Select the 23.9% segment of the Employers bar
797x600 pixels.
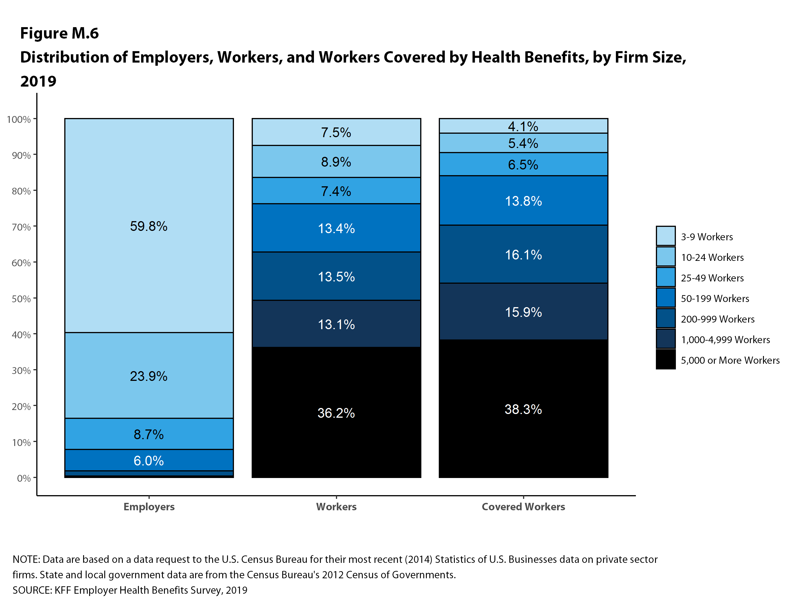click(x=149, y=375)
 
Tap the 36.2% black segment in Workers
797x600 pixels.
click(x=336, y=412)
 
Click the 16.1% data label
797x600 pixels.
click(x=523, y=255)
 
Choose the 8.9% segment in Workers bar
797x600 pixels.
click(x=336, y=161)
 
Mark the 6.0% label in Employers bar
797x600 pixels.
click(x=149, y=460)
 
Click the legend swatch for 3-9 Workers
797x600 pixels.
click(x=666, y=236)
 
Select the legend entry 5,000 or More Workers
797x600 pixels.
click(x=730, y=360)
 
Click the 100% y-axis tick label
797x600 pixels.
click(x=19, y=119)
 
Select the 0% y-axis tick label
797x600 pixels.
click(x=24, y=478)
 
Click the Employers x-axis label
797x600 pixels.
click(x=149, y=506)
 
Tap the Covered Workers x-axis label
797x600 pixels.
click(x=523, y=506)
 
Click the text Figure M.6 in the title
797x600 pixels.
click(x=59, y=33)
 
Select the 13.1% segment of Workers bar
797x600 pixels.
click(x=336, y=324)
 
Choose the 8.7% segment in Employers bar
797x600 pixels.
click(x=149, y=434)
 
